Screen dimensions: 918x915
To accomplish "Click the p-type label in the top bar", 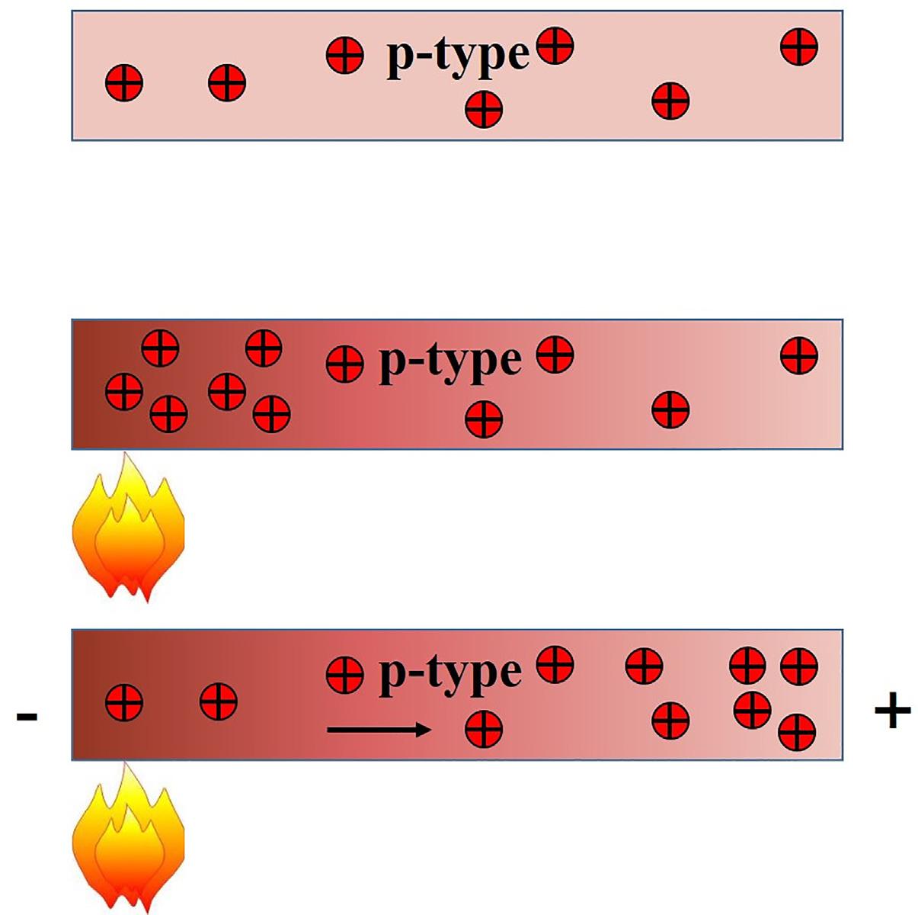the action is pos(458,56).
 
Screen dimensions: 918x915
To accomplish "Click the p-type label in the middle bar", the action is pos(450,361).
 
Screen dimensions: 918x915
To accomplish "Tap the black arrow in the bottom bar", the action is pos(379,730).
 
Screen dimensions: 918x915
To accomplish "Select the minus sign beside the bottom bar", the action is pos(27,717).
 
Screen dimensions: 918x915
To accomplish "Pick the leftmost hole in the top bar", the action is pos(123,82).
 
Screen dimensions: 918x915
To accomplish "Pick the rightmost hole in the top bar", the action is pos(799,47).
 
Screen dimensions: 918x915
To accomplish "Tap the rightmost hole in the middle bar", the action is pos(799,356).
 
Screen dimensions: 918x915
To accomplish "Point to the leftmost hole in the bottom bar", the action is pos(123,702).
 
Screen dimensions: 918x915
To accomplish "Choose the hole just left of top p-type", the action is pos(344,56).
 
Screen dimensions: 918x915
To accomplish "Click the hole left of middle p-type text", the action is pos(344,364).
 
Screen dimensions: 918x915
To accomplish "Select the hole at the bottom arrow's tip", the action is pos(484,729).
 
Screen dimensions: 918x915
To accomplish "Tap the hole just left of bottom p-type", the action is pos(344,675).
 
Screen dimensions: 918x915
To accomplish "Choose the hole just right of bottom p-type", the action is pos(555,664).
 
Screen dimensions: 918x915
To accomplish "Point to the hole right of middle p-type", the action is pos(555,355).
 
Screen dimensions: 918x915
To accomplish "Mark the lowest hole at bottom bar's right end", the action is pos(797,732).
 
